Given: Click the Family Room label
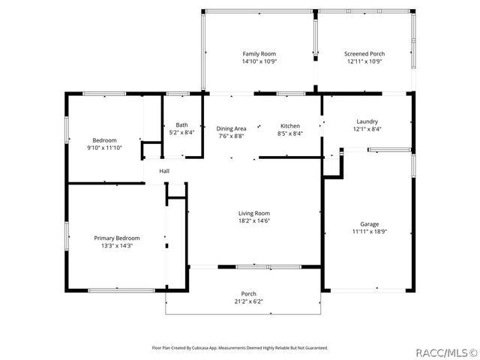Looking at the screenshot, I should coord(259,54).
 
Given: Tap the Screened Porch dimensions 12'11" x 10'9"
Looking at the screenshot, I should coord(364,61).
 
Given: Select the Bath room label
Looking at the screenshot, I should coord(181,125).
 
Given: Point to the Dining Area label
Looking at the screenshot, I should coord(232,128).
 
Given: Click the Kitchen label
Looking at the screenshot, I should coord(290,126).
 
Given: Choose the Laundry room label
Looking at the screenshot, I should coord(367,121).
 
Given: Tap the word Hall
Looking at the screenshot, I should coord(164,171).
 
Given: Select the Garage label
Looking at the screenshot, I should coord(368,223).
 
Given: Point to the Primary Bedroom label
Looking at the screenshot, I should coord(116,238).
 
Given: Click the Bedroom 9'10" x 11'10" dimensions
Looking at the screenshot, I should coord(104,148).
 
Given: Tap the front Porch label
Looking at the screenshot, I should coord(248,293).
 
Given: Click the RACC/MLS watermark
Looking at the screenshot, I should coord(447,351).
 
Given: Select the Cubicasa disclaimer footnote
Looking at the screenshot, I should coord(240,348).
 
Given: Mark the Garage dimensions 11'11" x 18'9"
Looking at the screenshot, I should coord(368,232).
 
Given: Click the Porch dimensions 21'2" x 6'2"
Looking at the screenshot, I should coord(248,301).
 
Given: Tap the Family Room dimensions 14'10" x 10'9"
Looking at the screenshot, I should coord(259,61).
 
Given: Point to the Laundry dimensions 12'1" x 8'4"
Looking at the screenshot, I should coord(367,129).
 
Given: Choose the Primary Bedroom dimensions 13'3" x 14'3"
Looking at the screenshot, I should coord(116,246).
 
